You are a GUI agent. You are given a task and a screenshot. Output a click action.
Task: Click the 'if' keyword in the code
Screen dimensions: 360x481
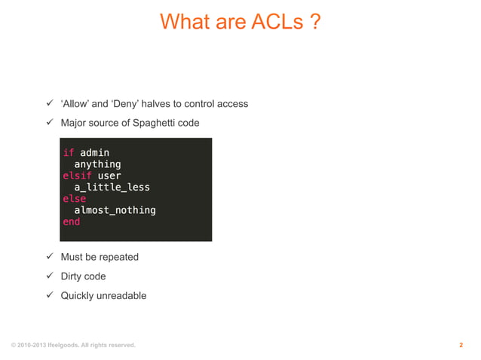point(68,153)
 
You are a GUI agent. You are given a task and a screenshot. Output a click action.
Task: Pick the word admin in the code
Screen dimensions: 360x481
point(94,153)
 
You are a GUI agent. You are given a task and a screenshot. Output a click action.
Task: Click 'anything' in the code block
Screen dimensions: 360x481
point(97,164)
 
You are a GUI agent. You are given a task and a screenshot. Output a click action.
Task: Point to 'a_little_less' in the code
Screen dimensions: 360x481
point(112,188)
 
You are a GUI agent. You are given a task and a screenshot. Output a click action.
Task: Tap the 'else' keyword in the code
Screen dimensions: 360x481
point(74,199)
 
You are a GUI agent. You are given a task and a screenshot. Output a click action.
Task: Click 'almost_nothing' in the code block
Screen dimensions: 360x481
point(115,210)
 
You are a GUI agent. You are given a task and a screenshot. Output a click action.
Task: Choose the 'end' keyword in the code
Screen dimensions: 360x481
point(71,222)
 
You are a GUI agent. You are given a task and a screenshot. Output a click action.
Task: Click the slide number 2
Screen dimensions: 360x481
point(461,346)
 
